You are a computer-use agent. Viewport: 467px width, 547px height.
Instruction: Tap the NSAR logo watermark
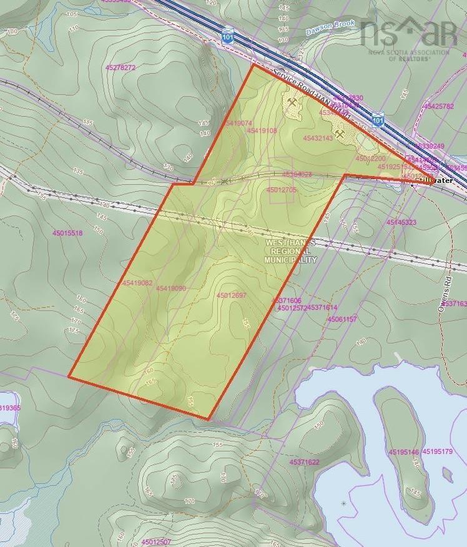409,35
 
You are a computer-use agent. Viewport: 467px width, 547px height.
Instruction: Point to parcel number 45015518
67,233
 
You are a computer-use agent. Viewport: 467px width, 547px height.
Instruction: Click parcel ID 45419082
137,283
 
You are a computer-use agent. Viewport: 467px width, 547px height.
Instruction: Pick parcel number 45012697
232,295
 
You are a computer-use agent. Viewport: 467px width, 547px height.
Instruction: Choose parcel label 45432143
318,138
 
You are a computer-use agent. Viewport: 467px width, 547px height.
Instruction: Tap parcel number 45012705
281,189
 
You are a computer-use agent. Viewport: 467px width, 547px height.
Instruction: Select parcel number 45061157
342,319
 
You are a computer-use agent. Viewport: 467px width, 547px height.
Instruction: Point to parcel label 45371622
304,462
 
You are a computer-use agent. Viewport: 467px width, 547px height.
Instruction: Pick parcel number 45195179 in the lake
437,451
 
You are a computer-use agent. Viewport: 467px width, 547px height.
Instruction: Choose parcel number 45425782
438,106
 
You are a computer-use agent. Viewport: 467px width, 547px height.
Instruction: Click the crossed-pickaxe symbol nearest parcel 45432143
340,134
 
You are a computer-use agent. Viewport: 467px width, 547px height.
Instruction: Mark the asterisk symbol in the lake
343,503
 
